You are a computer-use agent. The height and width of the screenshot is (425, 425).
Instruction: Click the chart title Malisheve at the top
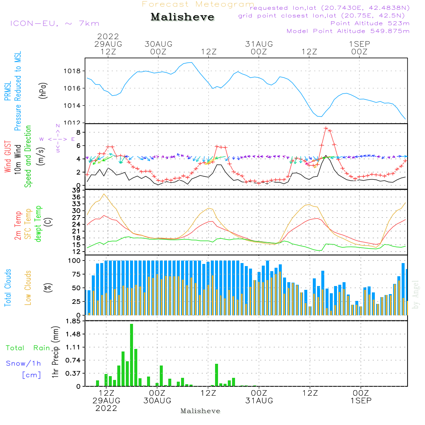click(x=182, y=17)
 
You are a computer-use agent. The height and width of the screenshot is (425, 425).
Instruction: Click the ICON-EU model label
click(x=54, y=23)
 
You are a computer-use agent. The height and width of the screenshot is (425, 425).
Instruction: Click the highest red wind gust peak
click(x=326, y=128)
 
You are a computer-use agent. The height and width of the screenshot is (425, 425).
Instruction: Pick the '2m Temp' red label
click(x=18, y=225)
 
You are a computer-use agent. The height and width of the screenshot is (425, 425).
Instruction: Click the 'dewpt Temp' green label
click(x=38, y=224)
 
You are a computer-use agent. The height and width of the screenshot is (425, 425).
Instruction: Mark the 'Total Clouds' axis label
click(x=8, y=288)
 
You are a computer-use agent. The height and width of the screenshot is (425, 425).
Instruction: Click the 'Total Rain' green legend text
click(x=28, y=348)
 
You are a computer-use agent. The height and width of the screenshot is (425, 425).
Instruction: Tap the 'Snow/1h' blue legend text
click(x=23, y=363)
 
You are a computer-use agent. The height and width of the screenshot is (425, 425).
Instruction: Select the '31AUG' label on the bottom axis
click(x=259, y=401)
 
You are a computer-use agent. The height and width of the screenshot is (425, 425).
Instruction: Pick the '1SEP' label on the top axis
click(x=360, y=44)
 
